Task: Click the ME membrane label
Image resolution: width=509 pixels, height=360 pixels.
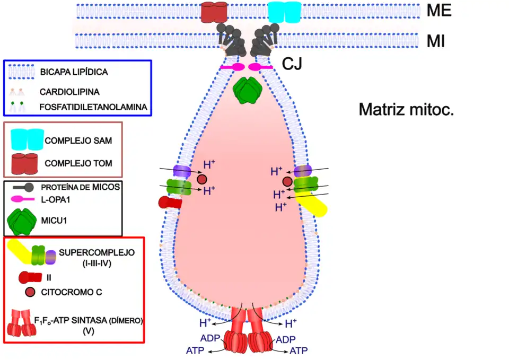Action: [x=439, y=11]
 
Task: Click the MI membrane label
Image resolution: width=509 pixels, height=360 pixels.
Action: [x=436, y=41]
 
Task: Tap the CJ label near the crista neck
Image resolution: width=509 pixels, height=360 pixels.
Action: [x=292, y=65]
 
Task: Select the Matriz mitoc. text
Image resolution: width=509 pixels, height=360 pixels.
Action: [x=407, y=110]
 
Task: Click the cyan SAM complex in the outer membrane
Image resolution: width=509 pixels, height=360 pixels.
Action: [x=284, y=12]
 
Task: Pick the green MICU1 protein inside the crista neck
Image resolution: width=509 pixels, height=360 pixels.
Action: [x=247, y=91]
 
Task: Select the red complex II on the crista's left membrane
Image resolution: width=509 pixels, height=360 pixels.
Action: [x=170, y=202]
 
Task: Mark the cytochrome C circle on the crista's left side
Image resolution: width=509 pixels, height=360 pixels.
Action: [x=201, y=179]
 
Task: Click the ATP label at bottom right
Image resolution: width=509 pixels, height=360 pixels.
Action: [x=299, y=350]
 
